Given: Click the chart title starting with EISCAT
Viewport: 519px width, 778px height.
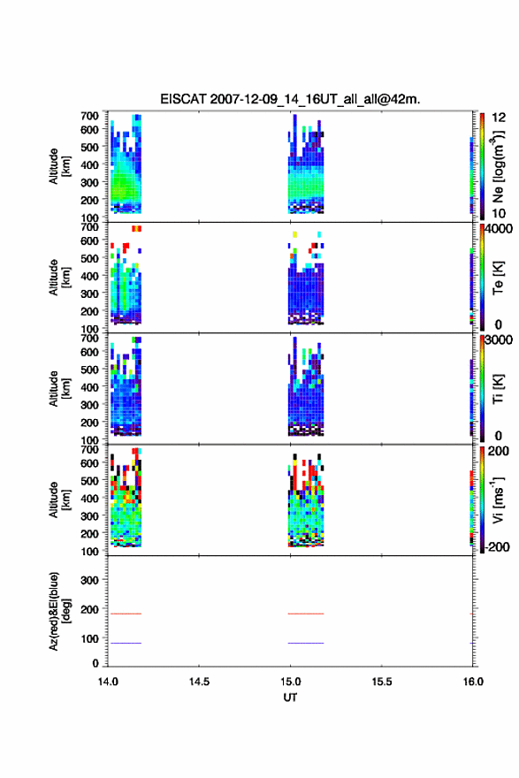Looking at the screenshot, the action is [290, 99].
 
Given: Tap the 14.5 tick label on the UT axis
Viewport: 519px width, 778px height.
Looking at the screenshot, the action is [199, 682].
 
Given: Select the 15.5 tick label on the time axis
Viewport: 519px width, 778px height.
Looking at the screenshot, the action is [382, 682].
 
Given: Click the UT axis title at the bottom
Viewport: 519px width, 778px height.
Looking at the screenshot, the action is [290, 698].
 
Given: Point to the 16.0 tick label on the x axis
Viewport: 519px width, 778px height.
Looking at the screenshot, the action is [473, 682].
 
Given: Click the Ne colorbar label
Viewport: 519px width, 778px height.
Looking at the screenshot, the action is [498, 166].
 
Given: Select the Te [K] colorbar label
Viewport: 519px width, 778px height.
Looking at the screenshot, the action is [498, 278].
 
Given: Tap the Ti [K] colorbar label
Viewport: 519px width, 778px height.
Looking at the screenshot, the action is [498, 389].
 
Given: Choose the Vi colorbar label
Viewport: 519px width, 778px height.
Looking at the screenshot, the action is [498, 500].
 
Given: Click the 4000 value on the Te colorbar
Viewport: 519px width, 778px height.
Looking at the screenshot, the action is [499, 229].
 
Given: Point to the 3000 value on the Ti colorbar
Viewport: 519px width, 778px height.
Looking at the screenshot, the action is [499, 340].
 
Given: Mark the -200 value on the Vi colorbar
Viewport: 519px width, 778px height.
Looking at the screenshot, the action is [497, 546].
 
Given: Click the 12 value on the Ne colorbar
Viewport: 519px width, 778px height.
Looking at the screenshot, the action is [499, 118].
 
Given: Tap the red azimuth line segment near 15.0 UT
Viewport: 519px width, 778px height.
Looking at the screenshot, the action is [306, 614].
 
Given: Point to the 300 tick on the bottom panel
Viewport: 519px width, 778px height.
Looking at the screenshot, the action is [89, 580].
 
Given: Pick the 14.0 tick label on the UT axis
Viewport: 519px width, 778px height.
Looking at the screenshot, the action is [108, 682].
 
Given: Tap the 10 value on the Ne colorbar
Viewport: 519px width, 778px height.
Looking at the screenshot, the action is [499, 213].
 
